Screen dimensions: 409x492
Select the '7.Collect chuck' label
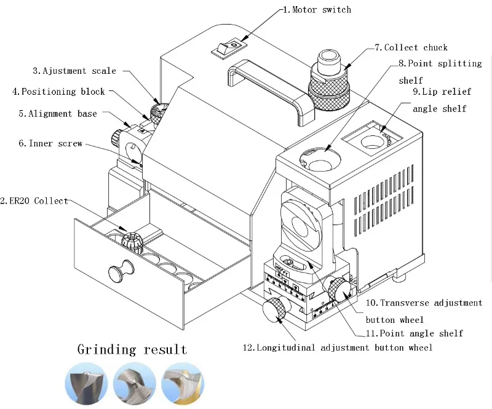click(x=411, y=47)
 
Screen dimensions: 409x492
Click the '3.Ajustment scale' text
click(x=74, y=71)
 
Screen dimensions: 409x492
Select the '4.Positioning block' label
click(x=58, y=92)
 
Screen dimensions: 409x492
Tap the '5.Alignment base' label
click(x=57, y=113)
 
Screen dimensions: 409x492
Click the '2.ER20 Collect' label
click(x=34, y=201)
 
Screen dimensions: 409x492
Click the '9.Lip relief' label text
click(x=442, y=92)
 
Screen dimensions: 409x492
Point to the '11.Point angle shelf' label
click(x=414, y=333)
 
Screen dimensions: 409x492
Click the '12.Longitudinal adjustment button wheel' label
click(x=338, y=347)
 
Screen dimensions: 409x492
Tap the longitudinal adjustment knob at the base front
click(x=275, y=308)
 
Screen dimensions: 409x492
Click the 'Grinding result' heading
click(x=132, y=350)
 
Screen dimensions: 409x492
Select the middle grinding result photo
click(x=132, y=384)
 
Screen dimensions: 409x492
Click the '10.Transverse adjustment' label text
click(x=424, y=303)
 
